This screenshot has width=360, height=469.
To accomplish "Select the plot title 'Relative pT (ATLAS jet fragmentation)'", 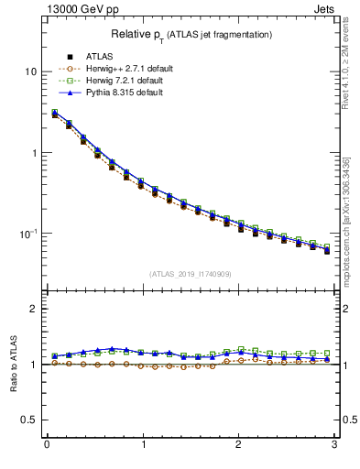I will point(191,35).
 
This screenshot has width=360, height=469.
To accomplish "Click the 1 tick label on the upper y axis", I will point(35,153).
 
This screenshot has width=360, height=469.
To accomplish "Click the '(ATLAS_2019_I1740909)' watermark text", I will point(191,274).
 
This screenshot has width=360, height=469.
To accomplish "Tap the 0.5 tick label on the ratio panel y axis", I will point(30,420).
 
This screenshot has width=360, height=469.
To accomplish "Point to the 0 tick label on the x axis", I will point(47,445).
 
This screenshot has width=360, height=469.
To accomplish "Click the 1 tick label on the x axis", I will point(143,445).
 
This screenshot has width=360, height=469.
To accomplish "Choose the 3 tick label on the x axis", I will point(334,445).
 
